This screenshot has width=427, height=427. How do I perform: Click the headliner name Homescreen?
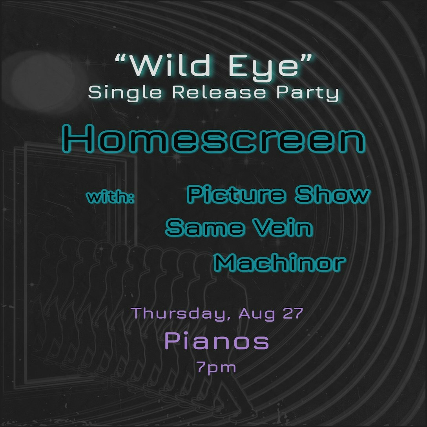pyautogui.click(x=214, y=138)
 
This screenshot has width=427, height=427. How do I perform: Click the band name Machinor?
pyautogui.click(x=280, y=262)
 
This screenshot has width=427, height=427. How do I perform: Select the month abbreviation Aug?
pyautogui.click(x=257, y=314)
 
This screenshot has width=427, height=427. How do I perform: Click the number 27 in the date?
pyautogui.click(x=293, y=313)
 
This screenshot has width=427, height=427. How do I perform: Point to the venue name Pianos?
pyautogui.click(x=217, y=341)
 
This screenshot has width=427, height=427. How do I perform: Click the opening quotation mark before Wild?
pyautogui.click(x=122, y=58)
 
